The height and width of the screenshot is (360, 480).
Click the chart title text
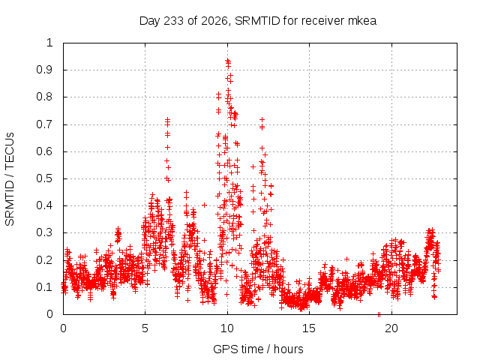click(258, 21)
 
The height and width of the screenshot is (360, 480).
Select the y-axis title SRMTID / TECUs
click(10, 179)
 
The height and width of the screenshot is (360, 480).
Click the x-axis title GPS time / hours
click(258, 349)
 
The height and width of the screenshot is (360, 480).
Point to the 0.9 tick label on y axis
click(44, 70)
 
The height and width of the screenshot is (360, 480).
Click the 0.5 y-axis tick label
click(44, 178)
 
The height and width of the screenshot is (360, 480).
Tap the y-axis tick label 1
click(49, 43)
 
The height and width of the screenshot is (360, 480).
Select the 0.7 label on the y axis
click(44, 124)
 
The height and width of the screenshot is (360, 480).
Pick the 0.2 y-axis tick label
click(44, 260)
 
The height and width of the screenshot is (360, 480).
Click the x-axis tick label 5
click(145, 328)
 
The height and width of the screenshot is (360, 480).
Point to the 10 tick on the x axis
click(227, 328)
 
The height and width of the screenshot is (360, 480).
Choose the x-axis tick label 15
click(309, 328)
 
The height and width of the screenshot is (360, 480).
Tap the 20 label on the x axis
click(391, 328)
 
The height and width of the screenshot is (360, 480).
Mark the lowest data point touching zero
click(379, 314)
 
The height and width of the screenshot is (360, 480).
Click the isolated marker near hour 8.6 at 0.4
click(204, 205)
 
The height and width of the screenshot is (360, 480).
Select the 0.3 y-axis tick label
click(44, 232)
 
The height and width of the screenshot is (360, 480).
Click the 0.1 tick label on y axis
click(44, 287)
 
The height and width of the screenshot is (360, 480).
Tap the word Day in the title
click(150, 21)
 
